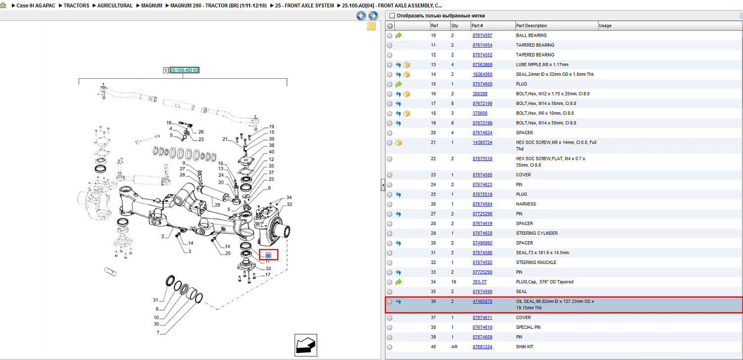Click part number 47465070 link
pos(482,302)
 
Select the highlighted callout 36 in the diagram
pos(268,255)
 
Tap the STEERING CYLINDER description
pos(536,233)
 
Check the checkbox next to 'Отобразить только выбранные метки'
pos(392,15)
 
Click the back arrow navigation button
pos(361,15)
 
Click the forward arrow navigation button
pos(373,15)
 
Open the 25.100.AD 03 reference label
pos(184,70)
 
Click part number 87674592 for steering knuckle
pos(482,262)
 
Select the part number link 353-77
pos(479,282)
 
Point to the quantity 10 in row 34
pos(453,282)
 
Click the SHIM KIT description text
pos(525,347)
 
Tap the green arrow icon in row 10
pos(398,36)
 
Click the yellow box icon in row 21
pos(398,143)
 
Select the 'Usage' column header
pos(605,26)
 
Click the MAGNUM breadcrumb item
pos(152,5)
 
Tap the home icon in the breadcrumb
pos(3,5)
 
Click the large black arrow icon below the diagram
pos(306,345)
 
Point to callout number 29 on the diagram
pos(217,205)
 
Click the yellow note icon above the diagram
pos(371,26)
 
